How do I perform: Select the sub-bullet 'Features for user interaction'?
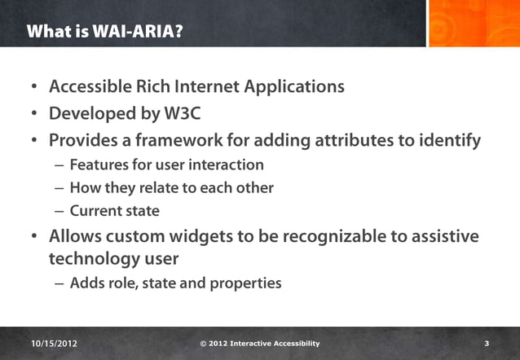tap(166, 165)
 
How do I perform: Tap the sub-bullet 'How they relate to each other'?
tap(171, 188)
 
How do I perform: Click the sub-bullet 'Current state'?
tap(114, 211)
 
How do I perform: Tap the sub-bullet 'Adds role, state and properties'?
tap(175, 284)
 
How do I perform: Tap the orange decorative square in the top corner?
tap(473, 23)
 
